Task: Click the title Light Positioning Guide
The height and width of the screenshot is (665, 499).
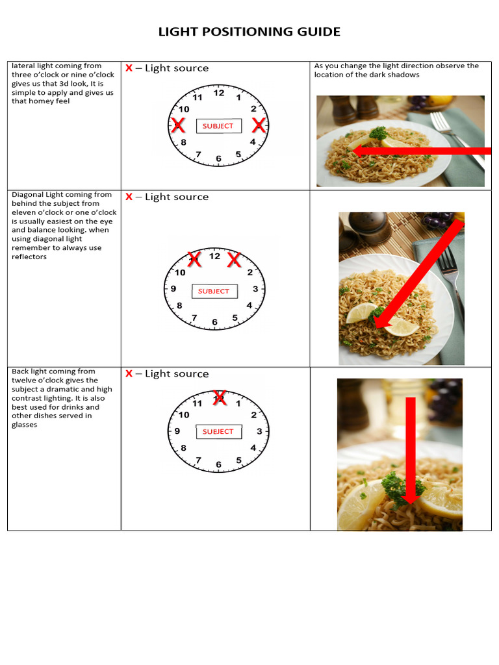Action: point(249,32)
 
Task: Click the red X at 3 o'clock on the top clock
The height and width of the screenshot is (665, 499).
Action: point(259,125)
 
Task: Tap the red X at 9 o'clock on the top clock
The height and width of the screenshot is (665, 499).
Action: point(177,125)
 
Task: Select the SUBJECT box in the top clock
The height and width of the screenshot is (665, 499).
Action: point(218,126)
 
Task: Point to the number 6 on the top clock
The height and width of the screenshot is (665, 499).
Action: point(218,158)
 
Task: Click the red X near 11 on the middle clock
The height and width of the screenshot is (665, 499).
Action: point(194,260)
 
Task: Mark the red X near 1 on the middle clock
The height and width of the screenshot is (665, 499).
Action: point(234,260)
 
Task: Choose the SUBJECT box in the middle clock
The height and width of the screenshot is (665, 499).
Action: point(214,291)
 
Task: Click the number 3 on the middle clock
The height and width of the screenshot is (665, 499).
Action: point(255,288)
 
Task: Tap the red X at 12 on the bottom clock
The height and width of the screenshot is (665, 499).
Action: point(220,397)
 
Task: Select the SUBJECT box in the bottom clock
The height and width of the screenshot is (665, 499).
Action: point(218,431)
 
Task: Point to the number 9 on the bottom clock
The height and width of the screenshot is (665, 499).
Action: point(177,431)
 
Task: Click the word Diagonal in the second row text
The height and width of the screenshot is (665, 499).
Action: point(27,195)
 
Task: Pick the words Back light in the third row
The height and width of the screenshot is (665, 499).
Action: point(29,371)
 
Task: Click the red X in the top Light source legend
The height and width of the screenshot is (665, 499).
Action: point(129,68)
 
